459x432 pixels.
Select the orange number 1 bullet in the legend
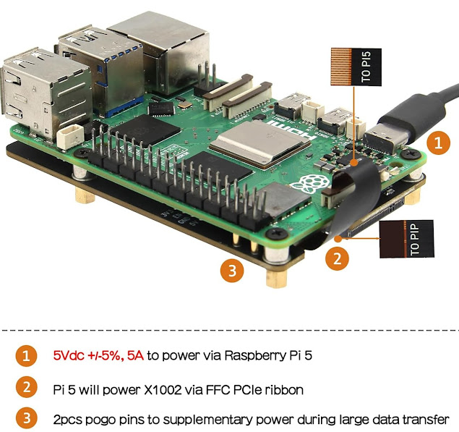point(27,355)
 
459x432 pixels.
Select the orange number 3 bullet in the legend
point(27,419)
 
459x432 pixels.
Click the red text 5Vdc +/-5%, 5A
point(98,355)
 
